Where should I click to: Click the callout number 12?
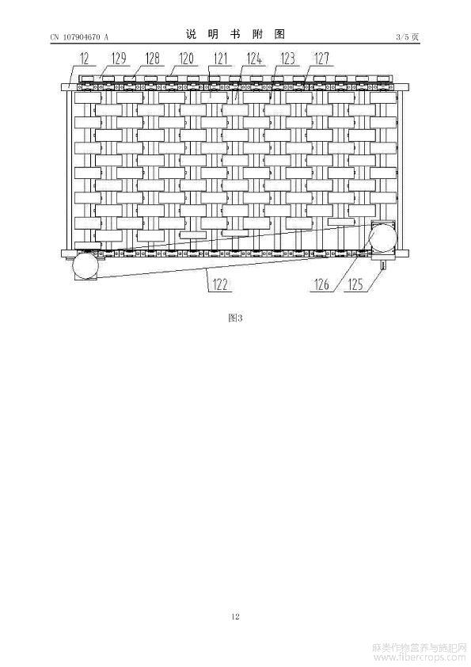(x=85, y=59)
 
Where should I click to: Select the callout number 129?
(x=119, y=59)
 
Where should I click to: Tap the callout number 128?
(x=153, y=59)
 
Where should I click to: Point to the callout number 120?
(x=186, y=59)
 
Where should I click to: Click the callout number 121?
(x=220, y=59)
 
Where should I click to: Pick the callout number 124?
(x=254, y=59)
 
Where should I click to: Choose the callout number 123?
(x=288, y=59)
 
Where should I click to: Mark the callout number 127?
(x=322, y=59)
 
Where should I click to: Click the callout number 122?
(x=220, y=284)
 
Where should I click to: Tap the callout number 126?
(x=321, y=284)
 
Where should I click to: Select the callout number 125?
(x=355, y=284)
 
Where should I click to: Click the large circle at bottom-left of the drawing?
(x=85, y=266)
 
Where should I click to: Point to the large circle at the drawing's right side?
(x=382, y=238)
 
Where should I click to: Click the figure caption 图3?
(x=235, y=318)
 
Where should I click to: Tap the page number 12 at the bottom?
(x=236, y=616)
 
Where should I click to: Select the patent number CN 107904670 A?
(x=79, y=37)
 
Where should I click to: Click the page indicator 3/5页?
(x=408, y=37)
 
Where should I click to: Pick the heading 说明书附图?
(x=235, y=34)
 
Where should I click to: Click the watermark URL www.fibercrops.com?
(x=419, y=657)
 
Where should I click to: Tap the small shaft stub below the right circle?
(x=383, y=265)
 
